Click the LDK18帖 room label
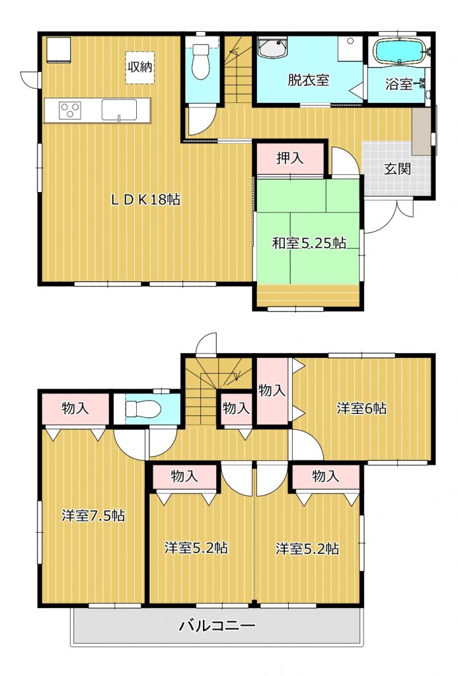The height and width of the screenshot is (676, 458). pos(145,199)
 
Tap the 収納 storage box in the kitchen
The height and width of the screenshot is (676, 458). pos(140,68)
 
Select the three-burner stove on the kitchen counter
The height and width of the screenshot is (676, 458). pos(69,110)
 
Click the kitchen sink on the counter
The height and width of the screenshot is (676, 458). pos(119,110)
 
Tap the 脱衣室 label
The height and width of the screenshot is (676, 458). pos(308,80)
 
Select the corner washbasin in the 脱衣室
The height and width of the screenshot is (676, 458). pos(273,48)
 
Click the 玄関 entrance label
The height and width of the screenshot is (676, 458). pos(398,168)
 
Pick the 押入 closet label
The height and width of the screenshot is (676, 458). pos(289,158)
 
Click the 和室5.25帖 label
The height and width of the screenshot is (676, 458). pos(308,243)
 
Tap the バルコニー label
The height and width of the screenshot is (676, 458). pos(217,625)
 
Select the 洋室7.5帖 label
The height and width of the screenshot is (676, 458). pos(93,515)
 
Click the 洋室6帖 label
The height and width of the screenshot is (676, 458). pos(362,408)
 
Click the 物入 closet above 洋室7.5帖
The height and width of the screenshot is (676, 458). pos(75,409)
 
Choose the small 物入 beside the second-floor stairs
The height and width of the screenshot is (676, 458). pos(236,408)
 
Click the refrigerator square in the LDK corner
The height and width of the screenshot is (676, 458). pos(58,50)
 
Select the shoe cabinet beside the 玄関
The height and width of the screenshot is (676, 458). pos(421,131)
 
